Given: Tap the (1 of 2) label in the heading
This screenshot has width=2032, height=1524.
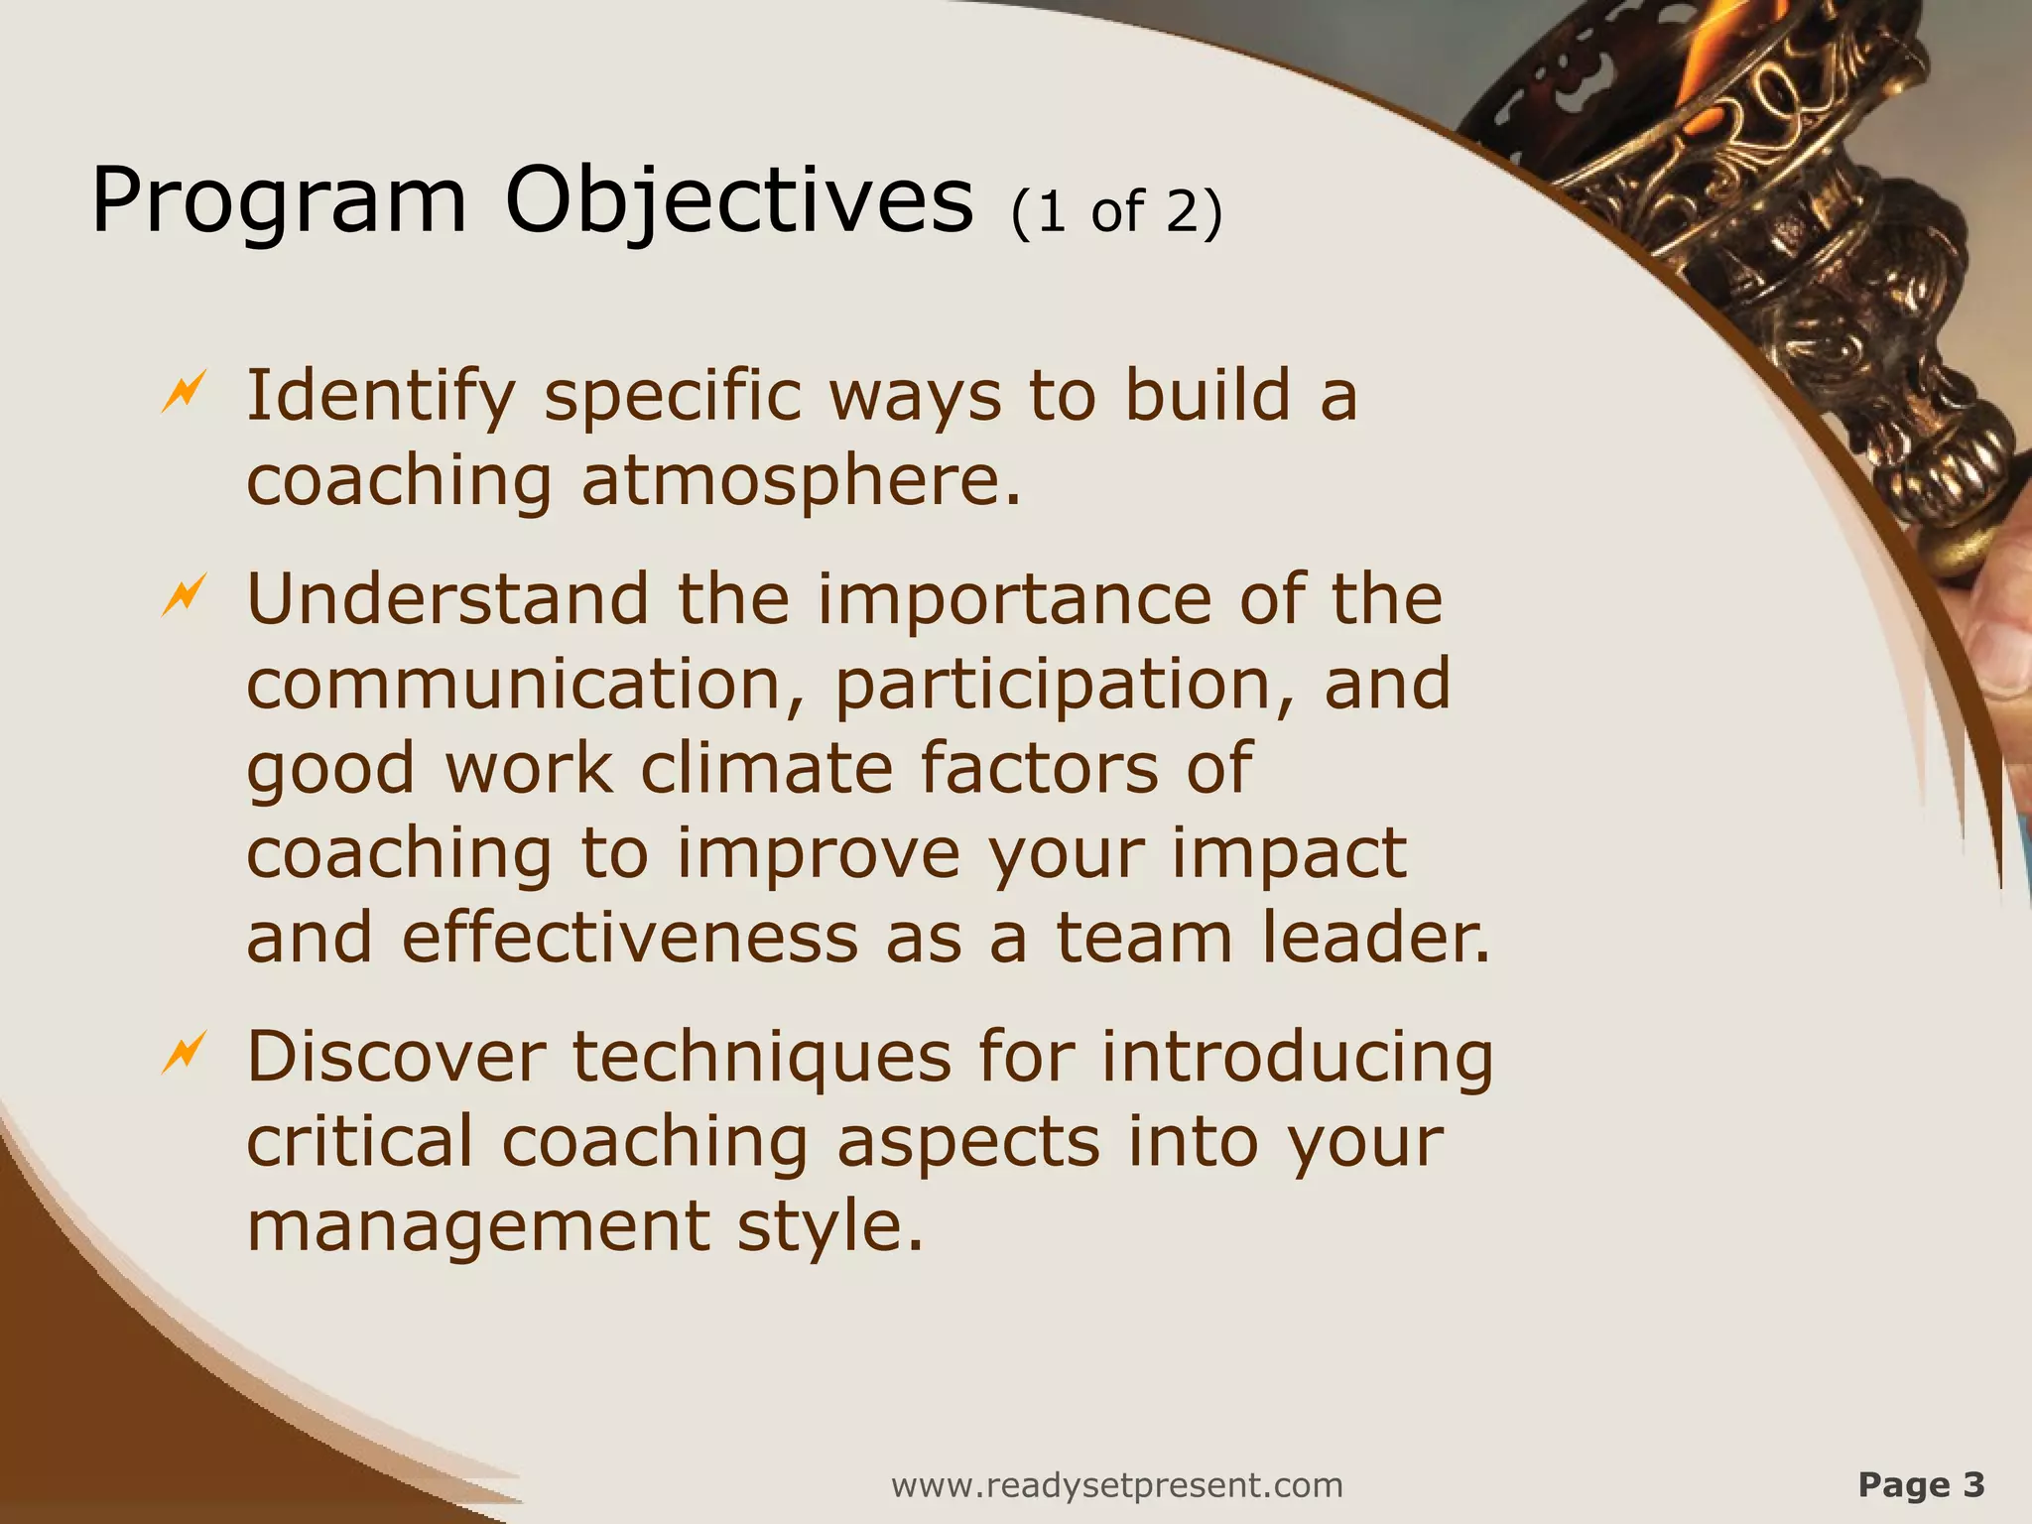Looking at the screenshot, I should [x=1116, y=211].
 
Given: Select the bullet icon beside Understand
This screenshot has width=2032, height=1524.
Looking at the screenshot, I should [x=184, y=595].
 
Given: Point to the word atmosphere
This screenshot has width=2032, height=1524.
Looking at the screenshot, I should [x=800, y=481].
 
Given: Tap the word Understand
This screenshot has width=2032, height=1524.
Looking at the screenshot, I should [x=447, y=599].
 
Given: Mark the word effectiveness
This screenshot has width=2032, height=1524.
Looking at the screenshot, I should [x=630, y=939].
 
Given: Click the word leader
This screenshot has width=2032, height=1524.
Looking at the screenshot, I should [x=1375, y=939].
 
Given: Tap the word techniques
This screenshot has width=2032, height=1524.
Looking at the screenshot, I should [x=762, y=1058].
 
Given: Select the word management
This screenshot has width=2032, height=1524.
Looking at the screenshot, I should [x=477, y=1227].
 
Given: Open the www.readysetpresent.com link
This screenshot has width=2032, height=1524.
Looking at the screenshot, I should [x=1117, y=1485].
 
